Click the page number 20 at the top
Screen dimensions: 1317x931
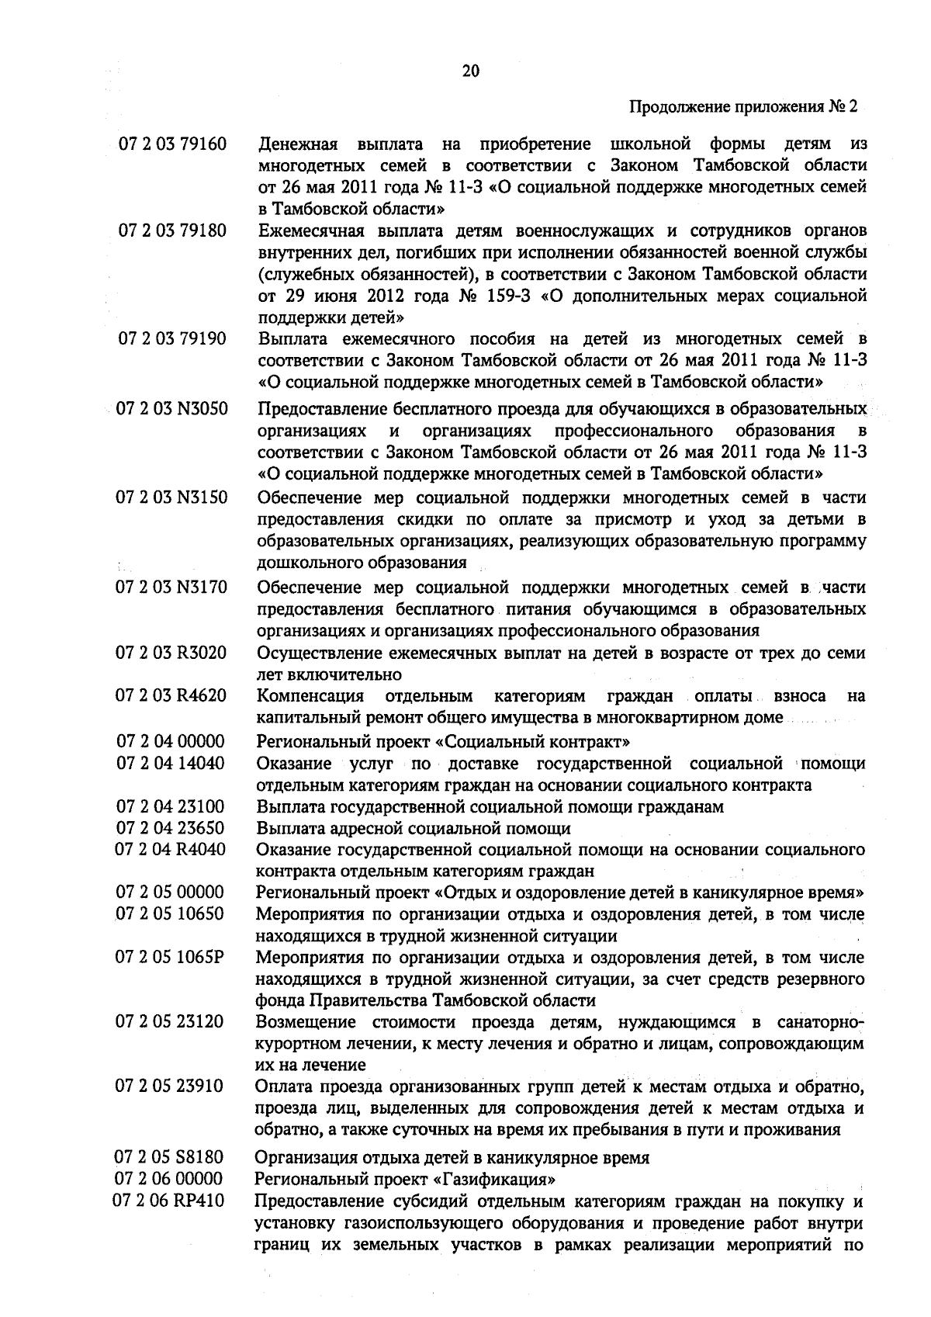click(470, 71)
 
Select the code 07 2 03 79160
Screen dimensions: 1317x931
click(171, 144)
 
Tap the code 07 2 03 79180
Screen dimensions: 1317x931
click(171, 231)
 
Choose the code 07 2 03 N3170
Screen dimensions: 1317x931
click(171, 587)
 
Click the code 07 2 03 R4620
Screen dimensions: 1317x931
click(171, 695)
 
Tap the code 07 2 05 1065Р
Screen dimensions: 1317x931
click(171, 957)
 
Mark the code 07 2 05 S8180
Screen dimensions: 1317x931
click(171, 1158)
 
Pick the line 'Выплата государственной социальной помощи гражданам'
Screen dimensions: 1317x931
click(490, 806)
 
